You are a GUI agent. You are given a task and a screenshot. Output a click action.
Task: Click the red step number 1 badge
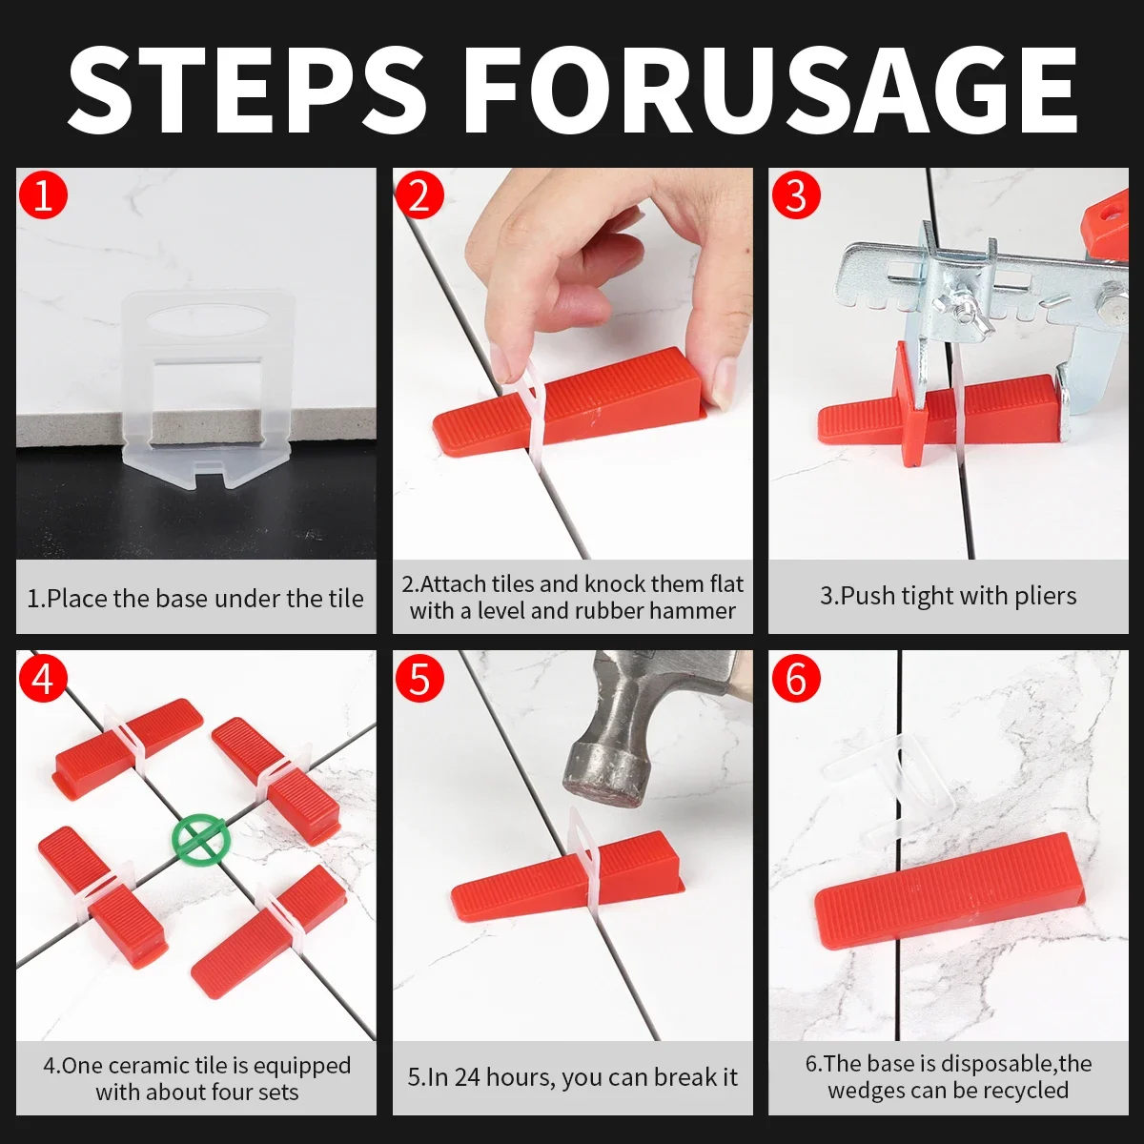[x=43, y=194]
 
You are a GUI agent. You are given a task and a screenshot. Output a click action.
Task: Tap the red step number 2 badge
[x=419, y=194]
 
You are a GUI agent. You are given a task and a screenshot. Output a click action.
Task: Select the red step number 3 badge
[x=795, y=194]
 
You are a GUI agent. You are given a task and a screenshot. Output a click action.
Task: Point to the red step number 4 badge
[x=43, y=678]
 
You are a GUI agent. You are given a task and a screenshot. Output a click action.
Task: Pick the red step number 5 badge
[x=419, y=678]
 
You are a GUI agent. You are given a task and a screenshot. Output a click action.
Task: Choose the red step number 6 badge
[x=795, y=678]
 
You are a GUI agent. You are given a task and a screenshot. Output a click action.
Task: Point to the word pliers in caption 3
[x=1046, y=597]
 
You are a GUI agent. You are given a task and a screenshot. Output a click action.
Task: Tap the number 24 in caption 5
[x=467, y=1077]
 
